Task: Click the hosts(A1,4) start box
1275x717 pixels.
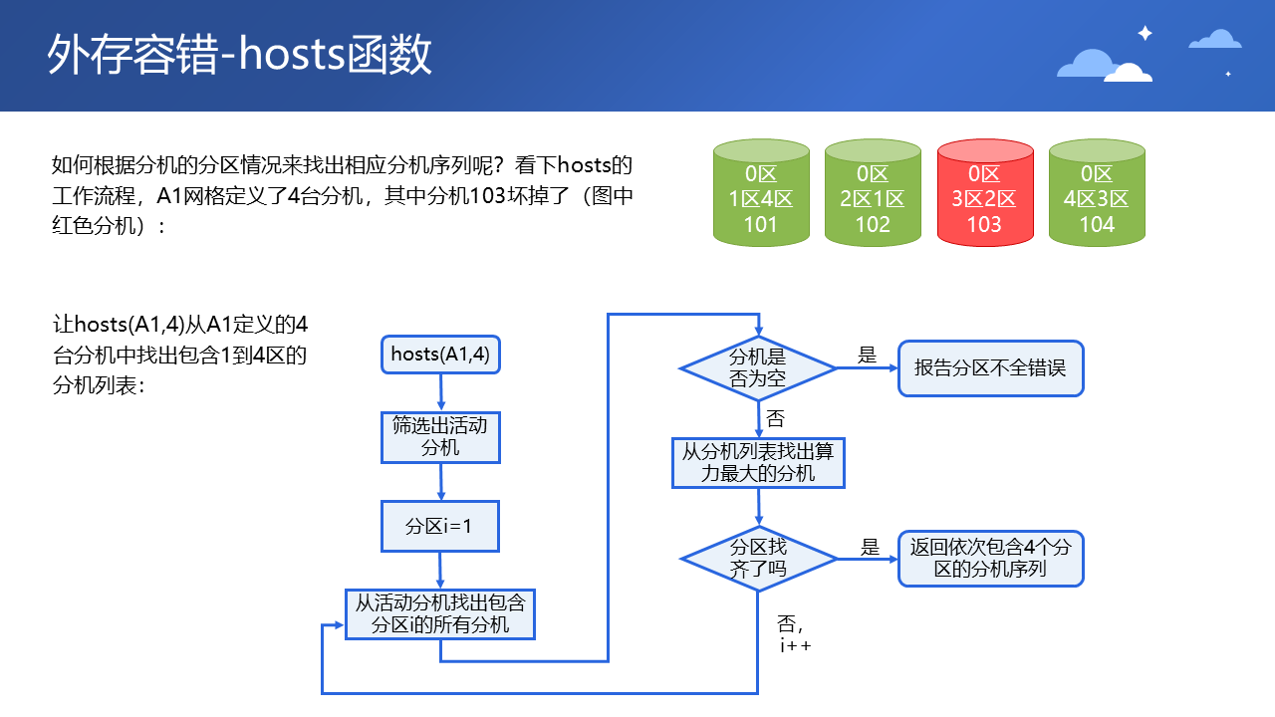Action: (x=440, y=355)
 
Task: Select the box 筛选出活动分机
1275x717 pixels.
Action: (x=440, y=436)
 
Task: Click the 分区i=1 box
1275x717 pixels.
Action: (x=440, y=526)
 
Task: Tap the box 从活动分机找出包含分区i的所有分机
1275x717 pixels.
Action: (x=440, y=613)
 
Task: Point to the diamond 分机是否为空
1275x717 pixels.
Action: (x=758, y=367)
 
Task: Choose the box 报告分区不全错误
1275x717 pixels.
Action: (x=990, y=368)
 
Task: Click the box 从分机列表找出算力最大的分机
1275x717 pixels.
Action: (x=758, y=462)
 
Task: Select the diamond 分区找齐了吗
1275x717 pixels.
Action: (x=758, y=559)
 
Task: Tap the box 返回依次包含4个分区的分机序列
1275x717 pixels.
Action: (x=990, y=558)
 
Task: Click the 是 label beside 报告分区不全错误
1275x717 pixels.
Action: (x=867, y=355)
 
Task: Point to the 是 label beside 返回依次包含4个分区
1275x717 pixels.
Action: (x=871, y=547)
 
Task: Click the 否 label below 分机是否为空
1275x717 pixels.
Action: (x=775, y=419)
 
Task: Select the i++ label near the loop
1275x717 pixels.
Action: (x=795, y=645)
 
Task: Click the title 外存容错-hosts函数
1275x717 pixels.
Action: (x=240, y=56)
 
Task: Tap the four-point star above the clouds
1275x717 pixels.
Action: (x=1145, y=33)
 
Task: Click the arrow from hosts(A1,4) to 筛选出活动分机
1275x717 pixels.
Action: (x=440, y=392)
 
